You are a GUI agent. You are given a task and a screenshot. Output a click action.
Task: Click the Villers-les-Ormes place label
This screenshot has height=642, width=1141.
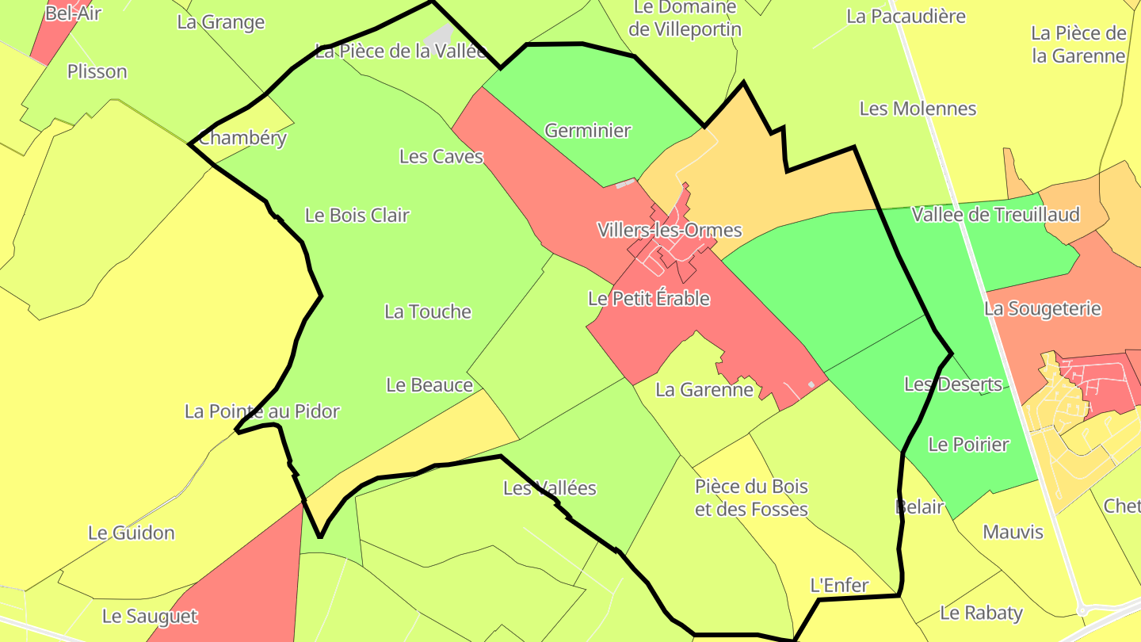pos(669,231)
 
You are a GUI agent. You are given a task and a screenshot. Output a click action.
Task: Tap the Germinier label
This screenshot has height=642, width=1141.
pos(588,131)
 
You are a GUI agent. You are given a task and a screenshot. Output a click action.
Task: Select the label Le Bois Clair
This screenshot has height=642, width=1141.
pos(357,216)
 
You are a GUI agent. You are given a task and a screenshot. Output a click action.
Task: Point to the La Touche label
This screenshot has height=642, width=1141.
pos(428,312)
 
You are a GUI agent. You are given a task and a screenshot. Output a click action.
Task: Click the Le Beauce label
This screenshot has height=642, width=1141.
pos(429,385)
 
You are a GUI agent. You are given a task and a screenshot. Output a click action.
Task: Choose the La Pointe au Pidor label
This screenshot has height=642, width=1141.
pos(261,411)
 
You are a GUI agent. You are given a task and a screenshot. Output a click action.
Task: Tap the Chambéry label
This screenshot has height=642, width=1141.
pos(242,138)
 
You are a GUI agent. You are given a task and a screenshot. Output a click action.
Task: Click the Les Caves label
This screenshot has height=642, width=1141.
pos(441,157)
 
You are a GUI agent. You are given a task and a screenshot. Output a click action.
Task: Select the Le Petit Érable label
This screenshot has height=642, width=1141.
pos(648,299)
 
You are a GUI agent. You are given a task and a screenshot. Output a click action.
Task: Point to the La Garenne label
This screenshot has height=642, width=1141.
pos(704,390)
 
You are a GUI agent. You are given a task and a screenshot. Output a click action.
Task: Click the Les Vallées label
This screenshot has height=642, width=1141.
pos(550,488)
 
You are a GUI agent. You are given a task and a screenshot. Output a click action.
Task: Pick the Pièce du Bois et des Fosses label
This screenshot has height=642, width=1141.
pos(751,498)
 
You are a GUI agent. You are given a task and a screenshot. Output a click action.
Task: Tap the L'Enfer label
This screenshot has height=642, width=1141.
pos(839,586)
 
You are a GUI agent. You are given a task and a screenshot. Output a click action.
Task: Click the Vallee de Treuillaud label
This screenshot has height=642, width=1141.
pos(995,215)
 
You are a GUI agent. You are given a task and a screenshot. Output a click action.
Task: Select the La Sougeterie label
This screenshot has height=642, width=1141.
pos(1042,308)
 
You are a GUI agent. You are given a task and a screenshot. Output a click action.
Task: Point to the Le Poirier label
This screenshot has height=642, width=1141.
pos(968,445)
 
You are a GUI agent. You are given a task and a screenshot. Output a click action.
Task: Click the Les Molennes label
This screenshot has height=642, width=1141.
pos(918,109)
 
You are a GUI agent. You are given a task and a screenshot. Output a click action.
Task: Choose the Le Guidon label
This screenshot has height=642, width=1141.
pos(132,533)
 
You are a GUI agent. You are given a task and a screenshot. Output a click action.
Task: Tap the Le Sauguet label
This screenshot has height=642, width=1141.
pos(150,616)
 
